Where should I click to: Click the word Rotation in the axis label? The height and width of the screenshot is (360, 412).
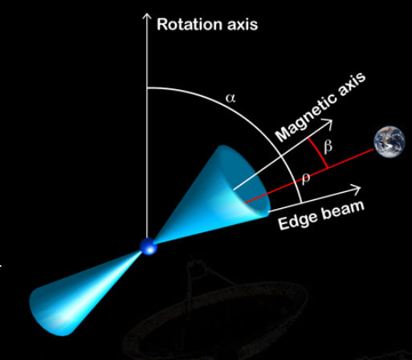[x=190, y=24]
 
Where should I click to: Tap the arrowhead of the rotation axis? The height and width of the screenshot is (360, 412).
[x=147, y=16]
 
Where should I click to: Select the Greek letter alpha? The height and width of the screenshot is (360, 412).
[x=230, y=98]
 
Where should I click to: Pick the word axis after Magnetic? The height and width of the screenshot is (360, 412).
[x=351, y=84]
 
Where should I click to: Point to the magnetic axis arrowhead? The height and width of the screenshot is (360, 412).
[x=328, y=124]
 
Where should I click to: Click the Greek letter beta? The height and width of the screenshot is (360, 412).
[x=328, y=146]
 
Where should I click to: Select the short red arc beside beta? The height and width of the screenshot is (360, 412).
[x=317, y=153]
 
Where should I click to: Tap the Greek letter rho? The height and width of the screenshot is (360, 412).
[x=305, y=178]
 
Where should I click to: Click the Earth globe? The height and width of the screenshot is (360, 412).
[x=390, y=141]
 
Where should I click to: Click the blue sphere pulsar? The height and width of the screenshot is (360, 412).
[x=149, y=246]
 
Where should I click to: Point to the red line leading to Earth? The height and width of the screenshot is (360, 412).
[x=310, y=176]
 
